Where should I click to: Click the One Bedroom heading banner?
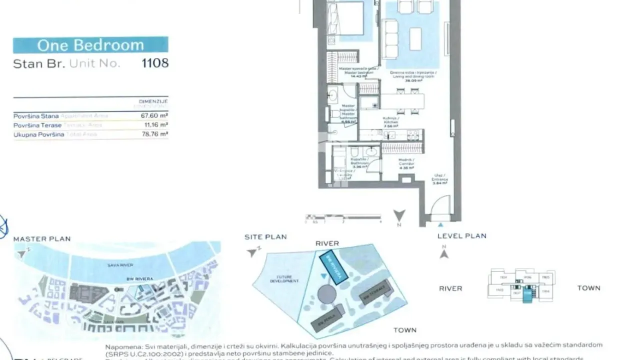[90, 45]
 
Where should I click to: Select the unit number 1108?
[155, 63]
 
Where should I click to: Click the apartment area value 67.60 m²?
[154, 116]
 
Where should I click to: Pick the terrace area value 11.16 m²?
[155, 125]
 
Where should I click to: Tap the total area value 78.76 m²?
[154, 134]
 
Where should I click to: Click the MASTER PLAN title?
[42, 239]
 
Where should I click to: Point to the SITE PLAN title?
[265, 236]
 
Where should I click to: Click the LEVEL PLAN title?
[461, 236]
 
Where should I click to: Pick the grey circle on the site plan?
[326, 294]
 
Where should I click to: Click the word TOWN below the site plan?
[404, 330]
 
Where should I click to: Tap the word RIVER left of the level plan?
[450, 288]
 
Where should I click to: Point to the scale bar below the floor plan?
[343, 217]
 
